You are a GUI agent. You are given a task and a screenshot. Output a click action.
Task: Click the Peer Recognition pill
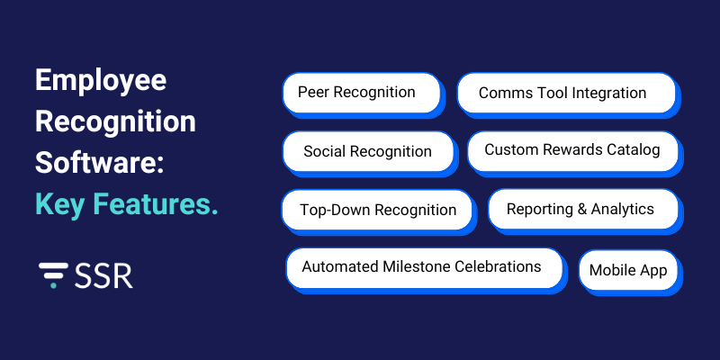click(x=361, y=93)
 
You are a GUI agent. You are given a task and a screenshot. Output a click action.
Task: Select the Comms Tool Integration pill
click(x=565, y=94)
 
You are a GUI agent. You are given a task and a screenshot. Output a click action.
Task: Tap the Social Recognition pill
click(x=368, y=151)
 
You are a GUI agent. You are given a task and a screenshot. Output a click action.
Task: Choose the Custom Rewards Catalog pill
click(x=572, y=150)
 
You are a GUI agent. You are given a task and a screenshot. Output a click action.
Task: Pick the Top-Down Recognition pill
click(x=376, y=210)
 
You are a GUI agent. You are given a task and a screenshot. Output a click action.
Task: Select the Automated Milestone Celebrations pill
click(x=423, y=267)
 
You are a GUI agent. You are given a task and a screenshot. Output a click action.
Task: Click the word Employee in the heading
click(x=101, y=81)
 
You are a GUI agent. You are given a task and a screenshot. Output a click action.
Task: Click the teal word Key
click(x=58, y=204)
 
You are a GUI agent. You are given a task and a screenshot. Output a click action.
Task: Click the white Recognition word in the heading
click(x=115, y=122)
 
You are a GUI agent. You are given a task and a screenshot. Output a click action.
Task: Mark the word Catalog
click(x=635, y=150)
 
